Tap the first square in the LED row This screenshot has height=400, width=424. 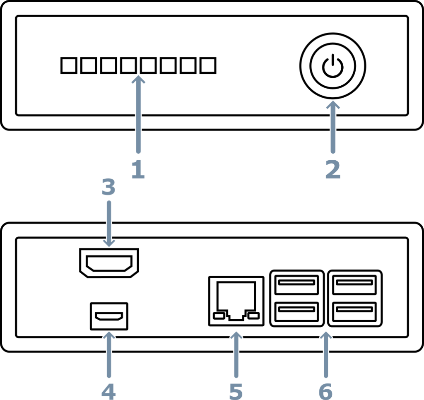[x=69, y=65]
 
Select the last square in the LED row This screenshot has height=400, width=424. [x=208, y=65]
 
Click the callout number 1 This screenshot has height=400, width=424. [x=138, y=169]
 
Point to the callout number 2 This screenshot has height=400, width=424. [x=333, y=169]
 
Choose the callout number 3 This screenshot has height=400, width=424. [x=108, y=187]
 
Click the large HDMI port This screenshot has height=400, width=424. [x=109, y=263]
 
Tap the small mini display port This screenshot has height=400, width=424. [x=109, y=316]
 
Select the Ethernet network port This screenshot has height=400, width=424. [x=236, y=301]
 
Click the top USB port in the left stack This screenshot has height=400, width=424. [x=296, y=285]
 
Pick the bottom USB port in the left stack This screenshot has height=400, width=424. [x=296, y=311]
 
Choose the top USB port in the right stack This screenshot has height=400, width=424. [x=354, y=285]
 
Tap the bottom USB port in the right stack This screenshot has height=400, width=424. [x=354, y=311]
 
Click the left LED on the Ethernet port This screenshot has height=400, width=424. [x=219, y=316]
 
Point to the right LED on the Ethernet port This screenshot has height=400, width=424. [x=254, y=316]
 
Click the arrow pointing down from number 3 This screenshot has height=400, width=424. [x=109, y=223]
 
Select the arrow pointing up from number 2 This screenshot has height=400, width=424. [x=333, y=127]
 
